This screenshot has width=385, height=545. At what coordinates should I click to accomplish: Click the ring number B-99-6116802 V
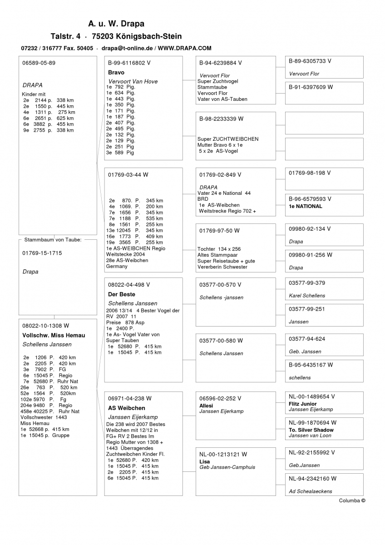point(129,63)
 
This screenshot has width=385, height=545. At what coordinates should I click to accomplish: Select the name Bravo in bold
point(116,72)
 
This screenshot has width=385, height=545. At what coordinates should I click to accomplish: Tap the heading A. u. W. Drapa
point(116,24)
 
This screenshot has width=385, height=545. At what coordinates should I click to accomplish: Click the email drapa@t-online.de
point(127,48)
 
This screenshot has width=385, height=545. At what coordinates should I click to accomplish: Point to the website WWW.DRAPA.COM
point(185,48)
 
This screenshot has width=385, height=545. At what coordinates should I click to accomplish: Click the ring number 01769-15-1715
point(42,253)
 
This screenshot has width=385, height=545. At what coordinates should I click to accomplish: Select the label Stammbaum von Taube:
point(53,239)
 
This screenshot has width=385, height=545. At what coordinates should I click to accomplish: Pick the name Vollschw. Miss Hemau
point(54,335)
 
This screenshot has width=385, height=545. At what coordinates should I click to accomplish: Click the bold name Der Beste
point(121,294)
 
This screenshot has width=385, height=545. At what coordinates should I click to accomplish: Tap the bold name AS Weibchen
point(127,408)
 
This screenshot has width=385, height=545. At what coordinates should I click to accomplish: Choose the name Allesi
point(206,406)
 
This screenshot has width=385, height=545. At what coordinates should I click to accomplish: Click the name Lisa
point(204,461)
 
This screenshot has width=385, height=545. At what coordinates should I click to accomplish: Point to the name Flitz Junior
point(302,404)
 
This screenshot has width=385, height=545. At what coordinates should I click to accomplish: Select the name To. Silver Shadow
point(311,430)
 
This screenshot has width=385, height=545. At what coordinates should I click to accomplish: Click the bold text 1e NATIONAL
point(306,206)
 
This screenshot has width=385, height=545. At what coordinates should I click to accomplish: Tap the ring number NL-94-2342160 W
point(313,478)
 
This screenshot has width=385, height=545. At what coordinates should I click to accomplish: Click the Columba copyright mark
point(352,500)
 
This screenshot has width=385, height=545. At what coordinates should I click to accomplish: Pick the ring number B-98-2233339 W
point(221,119)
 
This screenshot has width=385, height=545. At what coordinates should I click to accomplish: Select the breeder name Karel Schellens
point(307,296)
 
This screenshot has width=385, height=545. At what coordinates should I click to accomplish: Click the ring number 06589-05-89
point(39,63)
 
